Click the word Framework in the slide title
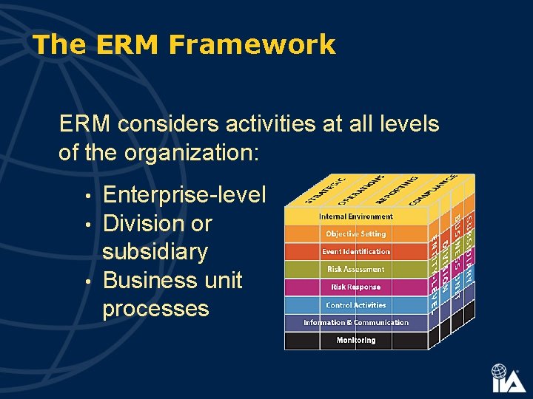252,45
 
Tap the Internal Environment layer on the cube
356,216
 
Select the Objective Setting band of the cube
356,234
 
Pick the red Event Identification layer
356,252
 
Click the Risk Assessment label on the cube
356,270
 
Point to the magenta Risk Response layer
356,287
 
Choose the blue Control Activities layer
356,305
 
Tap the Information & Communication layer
356,323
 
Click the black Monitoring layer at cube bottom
356,341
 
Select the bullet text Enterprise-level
184,195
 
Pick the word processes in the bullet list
156,308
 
